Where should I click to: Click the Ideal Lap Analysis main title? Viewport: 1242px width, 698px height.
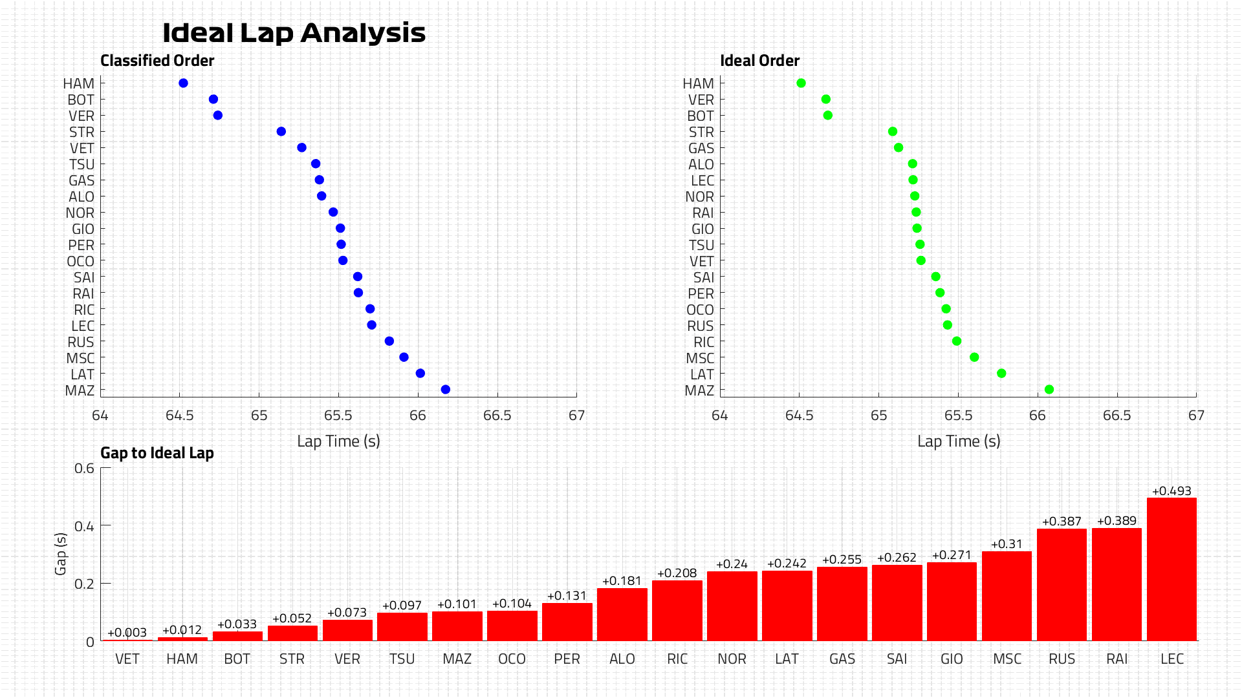[x=294, y=33]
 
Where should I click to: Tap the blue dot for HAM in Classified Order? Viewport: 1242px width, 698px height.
[x=183, y=83]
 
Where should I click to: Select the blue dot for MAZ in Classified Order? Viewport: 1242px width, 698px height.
[x=445, y=390]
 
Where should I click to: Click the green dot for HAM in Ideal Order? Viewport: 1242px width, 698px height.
[x=801, y=83]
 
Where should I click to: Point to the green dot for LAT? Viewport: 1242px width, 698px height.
[x=1001, y=374]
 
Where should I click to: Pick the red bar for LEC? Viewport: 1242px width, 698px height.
[x=1171, y=569]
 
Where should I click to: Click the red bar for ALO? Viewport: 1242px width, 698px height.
[x=622, y=614]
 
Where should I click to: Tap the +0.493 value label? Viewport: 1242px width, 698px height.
[x=1171, y=491]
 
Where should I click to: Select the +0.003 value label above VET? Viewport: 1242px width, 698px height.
[x=127, y=633]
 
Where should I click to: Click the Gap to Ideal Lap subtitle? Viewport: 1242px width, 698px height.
[x=157, y=453]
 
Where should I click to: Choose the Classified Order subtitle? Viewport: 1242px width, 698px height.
[x=157, y=61]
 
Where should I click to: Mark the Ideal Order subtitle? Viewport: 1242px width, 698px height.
[x=760, y=61]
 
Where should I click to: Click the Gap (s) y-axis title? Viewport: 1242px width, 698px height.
[x=61, y=554]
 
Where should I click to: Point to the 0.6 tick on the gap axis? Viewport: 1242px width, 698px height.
[x=84, y=468]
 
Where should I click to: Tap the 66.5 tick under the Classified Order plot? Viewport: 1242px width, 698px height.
[x=497, y=416]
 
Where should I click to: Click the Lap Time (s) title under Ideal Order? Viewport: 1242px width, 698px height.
[x=959, y=441]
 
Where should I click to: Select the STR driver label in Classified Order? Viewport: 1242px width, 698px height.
[x=82, y=132]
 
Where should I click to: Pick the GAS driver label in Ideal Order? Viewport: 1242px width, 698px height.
[x=701, y=149]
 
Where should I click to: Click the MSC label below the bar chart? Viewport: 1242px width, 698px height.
[x=1007, y=659]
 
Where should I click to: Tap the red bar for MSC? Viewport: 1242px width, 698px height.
[x=1007, y=595]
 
